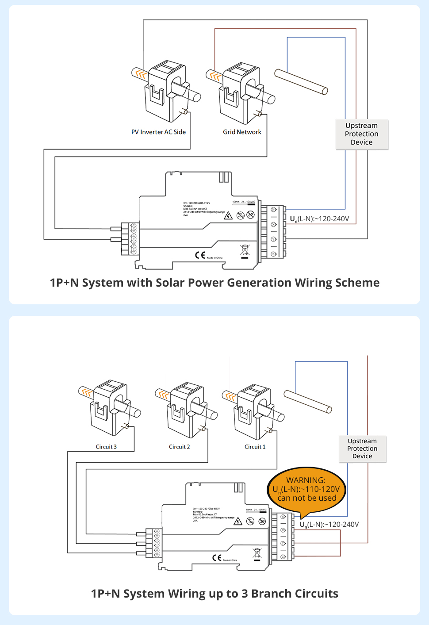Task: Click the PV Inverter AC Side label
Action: tap(158, 132)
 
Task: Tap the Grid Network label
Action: tap(242, 132)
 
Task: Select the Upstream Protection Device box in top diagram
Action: tap(362, 134)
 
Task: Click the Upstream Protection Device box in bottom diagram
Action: tap(362, 449)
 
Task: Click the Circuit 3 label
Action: tap(106, 447)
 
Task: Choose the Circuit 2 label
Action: tap(179, 447)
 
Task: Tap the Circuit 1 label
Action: tap(255, 447)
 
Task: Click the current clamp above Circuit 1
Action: tap(255, 411)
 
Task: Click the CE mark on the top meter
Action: tap(200, 255)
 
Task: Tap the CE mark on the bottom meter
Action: tap(217, 558)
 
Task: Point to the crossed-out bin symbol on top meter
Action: tap(245, 250)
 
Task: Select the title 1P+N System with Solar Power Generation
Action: tap(214, 283)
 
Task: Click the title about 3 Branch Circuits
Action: tap(214, 594)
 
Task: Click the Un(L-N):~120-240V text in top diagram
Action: tap(319, 219)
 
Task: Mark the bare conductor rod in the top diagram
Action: tap(301, 82)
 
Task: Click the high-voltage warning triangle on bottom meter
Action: tap(238, 521)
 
